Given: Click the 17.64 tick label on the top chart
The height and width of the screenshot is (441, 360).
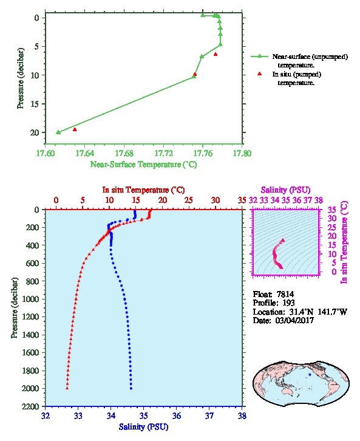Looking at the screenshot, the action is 85,154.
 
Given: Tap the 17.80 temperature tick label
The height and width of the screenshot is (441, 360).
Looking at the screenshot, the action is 242,154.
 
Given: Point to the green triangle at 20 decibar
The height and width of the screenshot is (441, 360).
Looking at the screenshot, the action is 58,132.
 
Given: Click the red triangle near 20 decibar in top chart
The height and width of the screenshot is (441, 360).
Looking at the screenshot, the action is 75,129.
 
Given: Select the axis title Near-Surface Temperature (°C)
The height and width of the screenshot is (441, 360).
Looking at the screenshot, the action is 144,165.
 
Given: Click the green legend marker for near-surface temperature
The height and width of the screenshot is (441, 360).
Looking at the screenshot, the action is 260,56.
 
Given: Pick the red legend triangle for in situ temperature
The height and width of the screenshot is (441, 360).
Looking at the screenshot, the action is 260,73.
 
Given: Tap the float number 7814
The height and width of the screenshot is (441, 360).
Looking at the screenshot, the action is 285,294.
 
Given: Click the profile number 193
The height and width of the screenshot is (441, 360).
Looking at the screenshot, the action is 288,303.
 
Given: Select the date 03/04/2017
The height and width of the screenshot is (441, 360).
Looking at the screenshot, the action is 294,320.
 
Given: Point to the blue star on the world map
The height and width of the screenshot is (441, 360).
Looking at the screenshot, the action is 310,375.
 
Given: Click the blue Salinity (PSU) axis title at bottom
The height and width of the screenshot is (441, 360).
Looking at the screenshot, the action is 144,427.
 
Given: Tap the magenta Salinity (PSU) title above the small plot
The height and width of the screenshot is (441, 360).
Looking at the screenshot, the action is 285,190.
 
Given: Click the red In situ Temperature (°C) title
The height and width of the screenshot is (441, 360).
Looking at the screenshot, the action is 144,190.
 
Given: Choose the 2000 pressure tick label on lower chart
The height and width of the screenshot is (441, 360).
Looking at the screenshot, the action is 30,388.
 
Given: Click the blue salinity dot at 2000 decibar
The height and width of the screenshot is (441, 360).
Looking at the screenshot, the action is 131,388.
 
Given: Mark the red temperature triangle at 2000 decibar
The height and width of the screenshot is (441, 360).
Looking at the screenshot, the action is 67,388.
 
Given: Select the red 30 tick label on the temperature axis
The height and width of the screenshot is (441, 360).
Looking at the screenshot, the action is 216,200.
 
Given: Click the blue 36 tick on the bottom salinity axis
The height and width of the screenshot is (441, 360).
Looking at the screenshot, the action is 177,415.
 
